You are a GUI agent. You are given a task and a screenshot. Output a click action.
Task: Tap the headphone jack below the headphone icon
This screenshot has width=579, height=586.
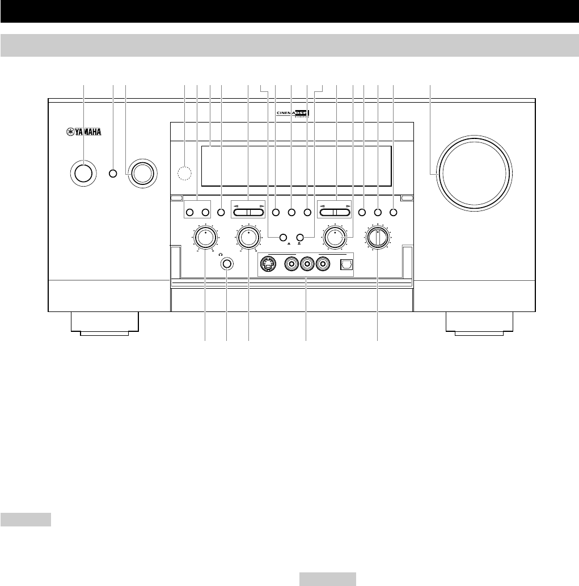tap(227, 263)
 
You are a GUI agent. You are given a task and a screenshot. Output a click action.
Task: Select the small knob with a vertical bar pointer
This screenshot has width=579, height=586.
tap(378, 237)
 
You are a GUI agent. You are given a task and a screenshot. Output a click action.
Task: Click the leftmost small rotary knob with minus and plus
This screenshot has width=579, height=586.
tap(205, 237)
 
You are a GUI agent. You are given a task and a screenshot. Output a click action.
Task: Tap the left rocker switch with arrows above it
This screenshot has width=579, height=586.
tap(248, 212)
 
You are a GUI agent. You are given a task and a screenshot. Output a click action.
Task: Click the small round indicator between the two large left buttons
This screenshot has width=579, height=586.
tap(113, 174)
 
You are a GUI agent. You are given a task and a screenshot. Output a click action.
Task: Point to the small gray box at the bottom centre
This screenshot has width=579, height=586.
tap(327, 578)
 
